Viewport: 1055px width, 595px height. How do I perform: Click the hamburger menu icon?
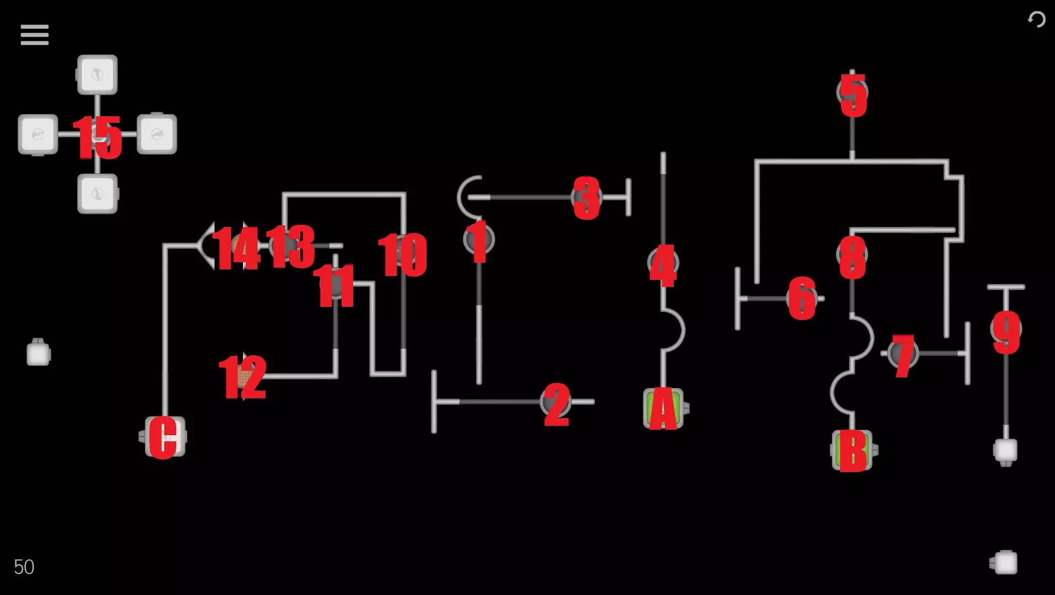35,35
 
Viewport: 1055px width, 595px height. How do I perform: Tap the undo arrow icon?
1036,20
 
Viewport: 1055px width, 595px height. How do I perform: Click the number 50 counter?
24,567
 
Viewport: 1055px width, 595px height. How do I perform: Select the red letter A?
663,408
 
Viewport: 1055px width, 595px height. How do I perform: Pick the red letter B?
852,451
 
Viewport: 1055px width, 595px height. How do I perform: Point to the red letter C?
163,437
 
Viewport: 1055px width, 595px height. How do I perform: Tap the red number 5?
853,95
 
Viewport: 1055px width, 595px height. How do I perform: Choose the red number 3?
587,198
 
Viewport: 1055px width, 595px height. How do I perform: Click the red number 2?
556,405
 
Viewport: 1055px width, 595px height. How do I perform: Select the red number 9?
1007,332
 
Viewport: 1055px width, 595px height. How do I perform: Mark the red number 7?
903,356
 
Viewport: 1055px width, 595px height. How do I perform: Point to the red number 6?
802,298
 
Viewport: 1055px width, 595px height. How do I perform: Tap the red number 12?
242,377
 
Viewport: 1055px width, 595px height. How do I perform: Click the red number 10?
403,255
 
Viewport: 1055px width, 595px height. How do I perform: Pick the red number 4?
663,266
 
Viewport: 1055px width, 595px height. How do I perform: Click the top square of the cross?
98,75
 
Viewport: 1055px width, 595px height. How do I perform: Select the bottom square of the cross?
98,194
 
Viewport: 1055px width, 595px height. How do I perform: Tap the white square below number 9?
1005,451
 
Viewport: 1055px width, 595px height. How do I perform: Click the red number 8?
852,257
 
